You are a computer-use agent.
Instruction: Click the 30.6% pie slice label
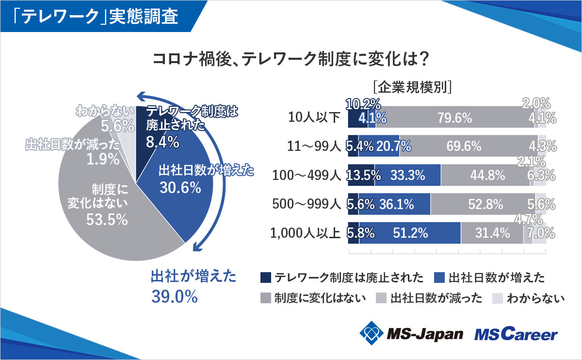coord(180,188)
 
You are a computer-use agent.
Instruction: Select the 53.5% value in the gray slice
coord(107,219)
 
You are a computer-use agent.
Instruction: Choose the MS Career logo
coord(516,334)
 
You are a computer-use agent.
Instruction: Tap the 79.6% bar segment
coord(454,118)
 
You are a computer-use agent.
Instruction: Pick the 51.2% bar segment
coord(410,233)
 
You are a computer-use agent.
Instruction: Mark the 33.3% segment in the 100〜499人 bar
coord(407,175)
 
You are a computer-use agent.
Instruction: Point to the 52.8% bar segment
coord(485,205)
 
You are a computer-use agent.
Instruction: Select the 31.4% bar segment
coord(492,233)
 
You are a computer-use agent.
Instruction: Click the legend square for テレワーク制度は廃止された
coord(265,278)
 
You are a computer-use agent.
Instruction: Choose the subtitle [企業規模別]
coord(413,87)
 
